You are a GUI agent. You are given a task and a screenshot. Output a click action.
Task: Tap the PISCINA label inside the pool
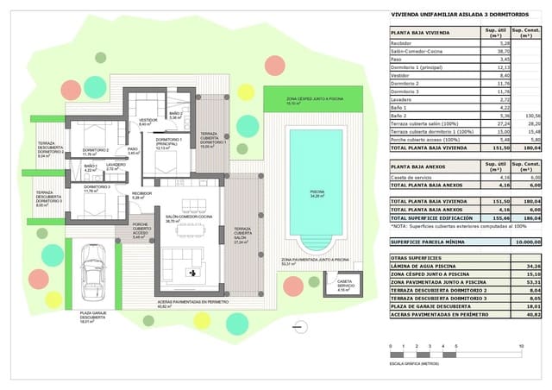click(x=317, y=193)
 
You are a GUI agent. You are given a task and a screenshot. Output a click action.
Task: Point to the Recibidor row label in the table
click(x=402, y=42)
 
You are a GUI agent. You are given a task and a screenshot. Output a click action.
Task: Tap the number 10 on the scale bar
click(x=520, y=346)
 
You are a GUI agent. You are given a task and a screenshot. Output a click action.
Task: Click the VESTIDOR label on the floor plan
click(x=147, y=120)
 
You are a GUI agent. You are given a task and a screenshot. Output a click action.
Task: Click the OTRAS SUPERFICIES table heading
click(x=412, y=258)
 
